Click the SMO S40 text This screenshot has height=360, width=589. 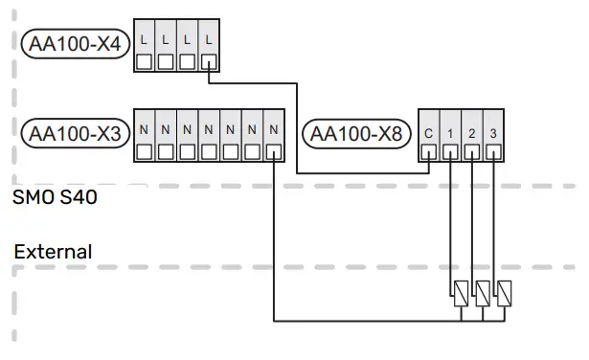point(55,200)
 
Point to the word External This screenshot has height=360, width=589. point(53,253)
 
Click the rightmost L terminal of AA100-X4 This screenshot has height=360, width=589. point(209,46)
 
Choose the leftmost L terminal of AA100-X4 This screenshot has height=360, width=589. point(146,46)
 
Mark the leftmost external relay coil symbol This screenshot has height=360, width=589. point(461,292)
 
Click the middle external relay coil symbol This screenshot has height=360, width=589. point(482,292)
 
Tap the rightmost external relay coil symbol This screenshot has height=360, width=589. point(503,292)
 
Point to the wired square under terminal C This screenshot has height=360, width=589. point(428,150)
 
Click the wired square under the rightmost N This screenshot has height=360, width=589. point(274,150)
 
